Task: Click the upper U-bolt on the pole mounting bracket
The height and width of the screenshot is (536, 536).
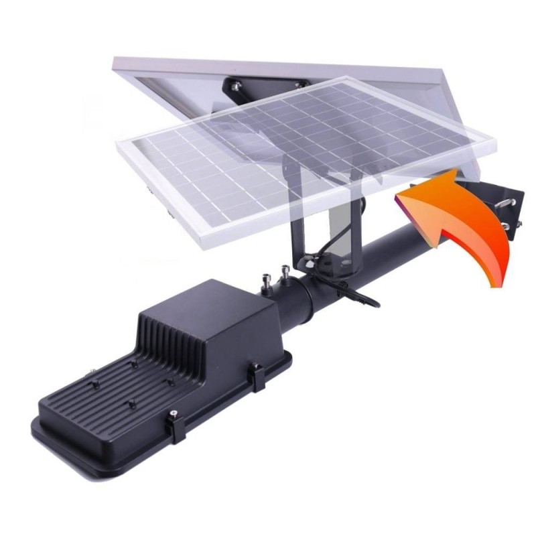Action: coord(511,199)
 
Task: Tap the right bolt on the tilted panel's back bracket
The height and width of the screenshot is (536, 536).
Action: coord(299,83)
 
